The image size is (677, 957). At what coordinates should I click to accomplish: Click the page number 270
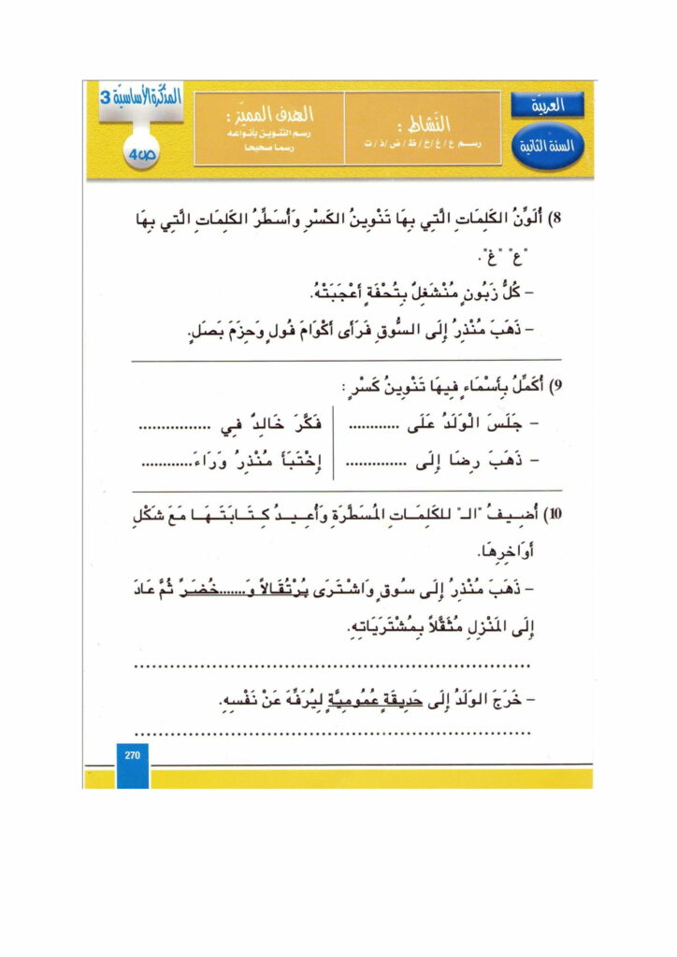[x=130, y=756]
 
